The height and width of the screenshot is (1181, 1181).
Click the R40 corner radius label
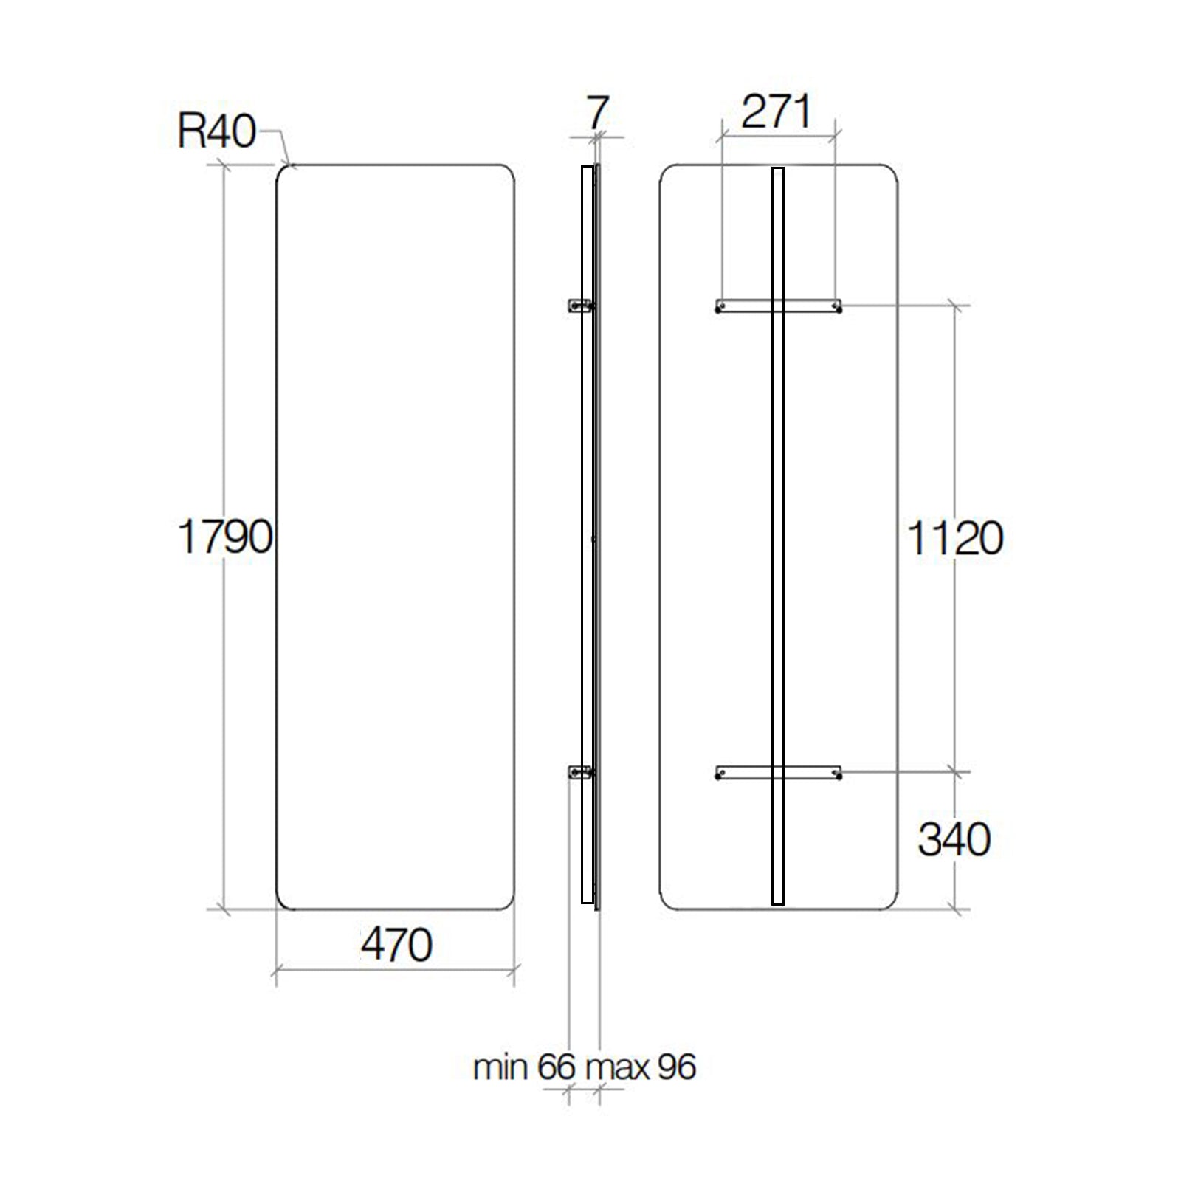tap(216, 132)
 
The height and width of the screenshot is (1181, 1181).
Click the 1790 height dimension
tap(225, 537)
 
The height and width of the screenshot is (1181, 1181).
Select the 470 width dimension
tap(396, 944)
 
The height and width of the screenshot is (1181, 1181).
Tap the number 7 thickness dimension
tap(596, 113)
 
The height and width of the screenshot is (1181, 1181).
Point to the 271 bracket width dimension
tap(776, 112)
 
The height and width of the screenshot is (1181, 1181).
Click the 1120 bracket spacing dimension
tap(954, 538)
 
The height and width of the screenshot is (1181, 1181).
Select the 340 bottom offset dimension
tap(954, 839)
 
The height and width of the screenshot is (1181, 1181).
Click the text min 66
tap(523, 1067)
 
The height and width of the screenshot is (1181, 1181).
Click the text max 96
tap(640, 1067)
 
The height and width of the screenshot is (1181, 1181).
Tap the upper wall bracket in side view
tap(579, 305)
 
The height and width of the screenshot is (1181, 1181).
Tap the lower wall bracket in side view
tap(579, 772)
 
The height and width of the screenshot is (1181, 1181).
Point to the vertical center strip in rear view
tap(777, 537)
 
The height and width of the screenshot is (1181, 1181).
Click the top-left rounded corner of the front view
tap(283, 172)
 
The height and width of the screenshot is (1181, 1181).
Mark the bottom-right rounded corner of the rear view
tap(890, 901)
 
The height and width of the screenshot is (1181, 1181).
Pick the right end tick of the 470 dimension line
tap(514, 970)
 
